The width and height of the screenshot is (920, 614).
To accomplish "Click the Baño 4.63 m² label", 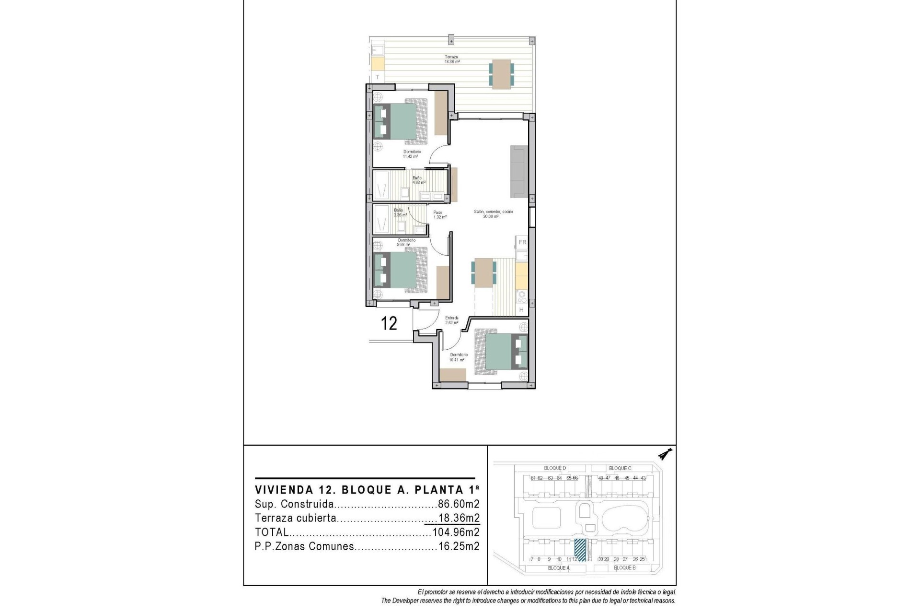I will point(419,180).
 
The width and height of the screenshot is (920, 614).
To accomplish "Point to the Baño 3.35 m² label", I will point(400,213).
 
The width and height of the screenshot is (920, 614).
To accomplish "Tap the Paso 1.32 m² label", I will point(439,215).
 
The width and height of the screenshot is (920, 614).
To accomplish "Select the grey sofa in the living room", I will point(519,172).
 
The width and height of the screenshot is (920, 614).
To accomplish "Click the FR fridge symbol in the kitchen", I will point(522,242).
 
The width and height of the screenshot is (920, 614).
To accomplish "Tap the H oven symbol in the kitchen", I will point(522,310).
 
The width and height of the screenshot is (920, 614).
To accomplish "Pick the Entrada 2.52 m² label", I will point(452,320).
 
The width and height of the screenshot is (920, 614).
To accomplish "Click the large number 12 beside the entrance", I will point(389,323).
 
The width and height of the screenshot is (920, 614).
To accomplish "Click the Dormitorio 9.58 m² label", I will point(406,242).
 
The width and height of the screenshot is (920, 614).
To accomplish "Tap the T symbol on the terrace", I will point(378,77).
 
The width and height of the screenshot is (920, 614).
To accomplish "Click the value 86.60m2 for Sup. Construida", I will point(459,504).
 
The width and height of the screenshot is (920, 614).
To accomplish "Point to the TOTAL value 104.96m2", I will point(456,532).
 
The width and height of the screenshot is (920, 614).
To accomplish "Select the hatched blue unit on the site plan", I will point(580,550).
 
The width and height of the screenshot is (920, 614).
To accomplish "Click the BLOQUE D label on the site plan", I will point(555,468).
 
